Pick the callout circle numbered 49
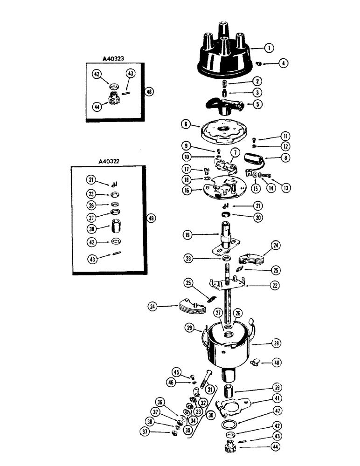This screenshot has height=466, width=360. pyautogui.click(x=150, y=218)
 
